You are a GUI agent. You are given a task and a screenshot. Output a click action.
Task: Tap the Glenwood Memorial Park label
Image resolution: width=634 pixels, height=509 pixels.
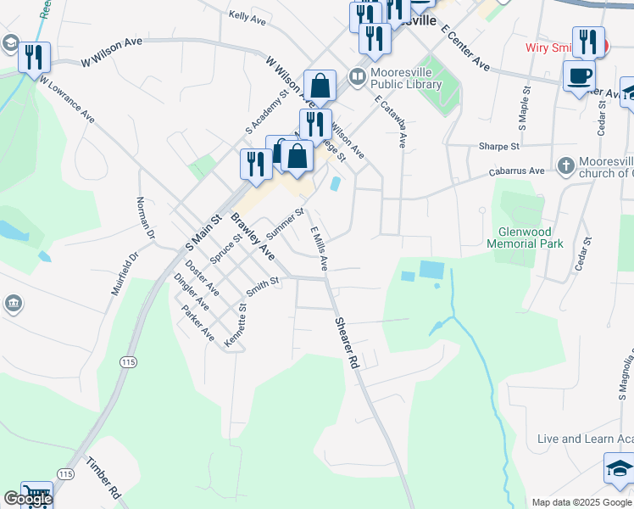click(525, 238)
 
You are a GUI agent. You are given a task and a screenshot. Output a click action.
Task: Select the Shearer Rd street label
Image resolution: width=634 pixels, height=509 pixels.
click(348, 343)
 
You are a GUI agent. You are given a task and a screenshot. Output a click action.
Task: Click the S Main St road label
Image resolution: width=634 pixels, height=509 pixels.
click(203, 232)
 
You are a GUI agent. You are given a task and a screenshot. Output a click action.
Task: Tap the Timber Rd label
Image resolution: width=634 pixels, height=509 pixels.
click(104, 478)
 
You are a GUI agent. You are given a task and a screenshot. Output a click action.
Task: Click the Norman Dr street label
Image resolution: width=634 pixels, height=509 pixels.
click(145, 216)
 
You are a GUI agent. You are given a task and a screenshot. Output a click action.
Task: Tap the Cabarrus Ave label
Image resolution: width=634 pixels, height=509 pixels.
click(526, 171)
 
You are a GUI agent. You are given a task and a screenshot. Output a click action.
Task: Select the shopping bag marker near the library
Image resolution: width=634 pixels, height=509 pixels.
click(320, 86)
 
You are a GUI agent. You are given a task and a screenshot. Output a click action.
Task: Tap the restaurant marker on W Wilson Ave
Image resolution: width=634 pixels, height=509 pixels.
click(34, 58)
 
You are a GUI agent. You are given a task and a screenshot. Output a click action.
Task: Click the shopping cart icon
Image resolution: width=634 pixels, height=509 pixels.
click(36, 495)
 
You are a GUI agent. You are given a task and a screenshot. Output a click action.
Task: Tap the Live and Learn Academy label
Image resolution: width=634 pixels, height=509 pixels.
click(585, 439)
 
